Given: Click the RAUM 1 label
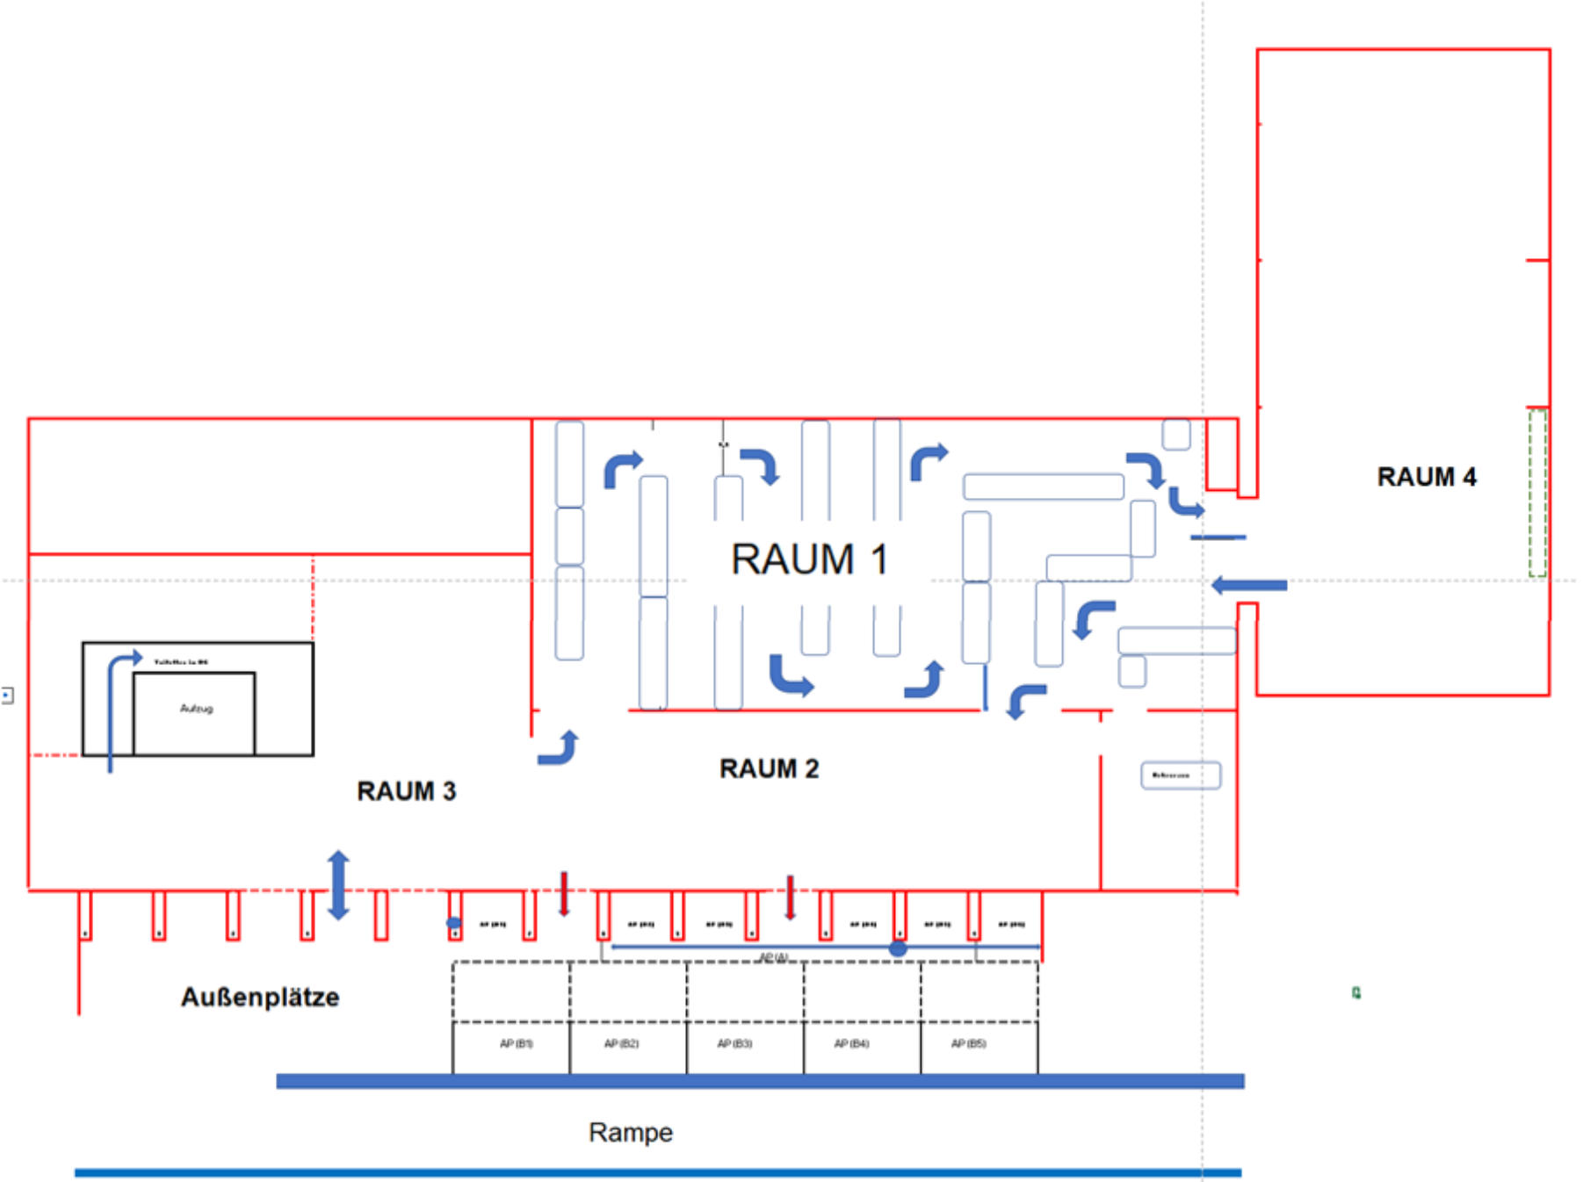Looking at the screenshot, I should click(x=809, y=559).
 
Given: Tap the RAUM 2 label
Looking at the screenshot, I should click(x=769, y=768).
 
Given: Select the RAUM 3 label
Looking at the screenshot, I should click(x=406, y=791).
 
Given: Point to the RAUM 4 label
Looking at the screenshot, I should click(x=1426, y=477).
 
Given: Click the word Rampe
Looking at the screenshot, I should click(x=630, y=1132).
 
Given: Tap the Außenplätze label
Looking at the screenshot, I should click(x=260, y=997).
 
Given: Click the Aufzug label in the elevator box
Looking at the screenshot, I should click(x=196, y=709).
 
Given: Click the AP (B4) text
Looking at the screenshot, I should click(x=851, y=1043).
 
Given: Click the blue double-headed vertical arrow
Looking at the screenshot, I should click(x=338, y=885).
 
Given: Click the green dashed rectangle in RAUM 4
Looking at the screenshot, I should click(x=1536, y=493).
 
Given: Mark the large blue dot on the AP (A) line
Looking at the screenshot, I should click(x=897, y=948).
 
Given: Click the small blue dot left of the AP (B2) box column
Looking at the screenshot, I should click(x=453, y=923).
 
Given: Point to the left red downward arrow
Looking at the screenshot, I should click(x=564, y=894).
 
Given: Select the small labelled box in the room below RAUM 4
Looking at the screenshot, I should click(x=1180, y=775).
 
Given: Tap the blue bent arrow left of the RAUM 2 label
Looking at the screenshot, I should click(x=560, y=748).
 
